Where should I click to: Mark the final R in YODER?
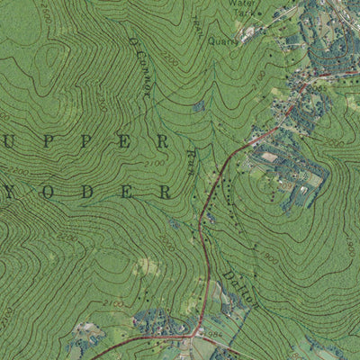tap(164, 192)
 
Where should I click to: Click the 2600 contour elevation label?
tap(45, 14)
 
